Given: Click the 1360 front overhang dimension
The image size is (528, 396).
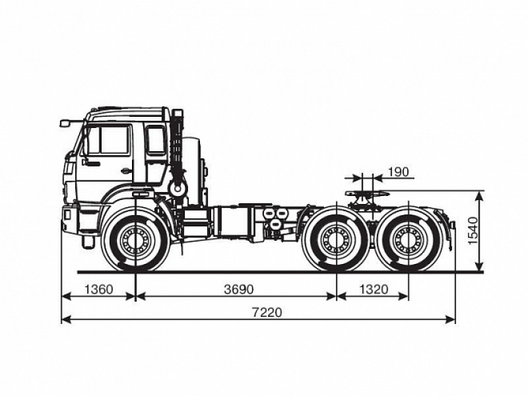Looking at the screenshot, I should (x=98, y=289).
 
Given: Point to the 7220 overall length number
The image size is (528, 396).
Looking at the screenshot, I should (x=266, y=312).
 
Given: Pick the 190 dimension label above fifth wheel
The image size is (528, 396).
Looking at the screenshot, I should (x=398, y=172).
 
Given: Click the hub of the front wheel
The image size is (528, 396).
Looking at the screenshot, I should (x=136, y=240).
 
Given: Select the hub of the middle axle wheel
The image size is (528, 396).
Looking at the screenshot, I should (x=336, y=240).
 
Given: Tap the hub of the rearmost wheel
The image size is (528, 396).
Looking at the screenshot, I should (x=408, y=240).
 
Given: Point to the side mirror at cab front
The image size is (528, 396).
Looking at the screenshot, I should (x=65, y=123).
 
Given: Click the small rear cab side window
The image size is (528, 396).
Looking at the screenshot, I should (x=156, y=140).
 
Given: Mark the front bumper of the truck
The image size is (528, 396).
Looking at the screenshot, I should (x=69, y=219).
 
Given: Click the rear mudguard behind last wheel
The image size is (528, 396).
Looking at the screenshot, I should (x=449, y=228).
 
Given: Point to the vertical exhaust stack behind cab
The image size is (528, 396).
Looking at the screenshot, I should (x=176, y=152).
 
